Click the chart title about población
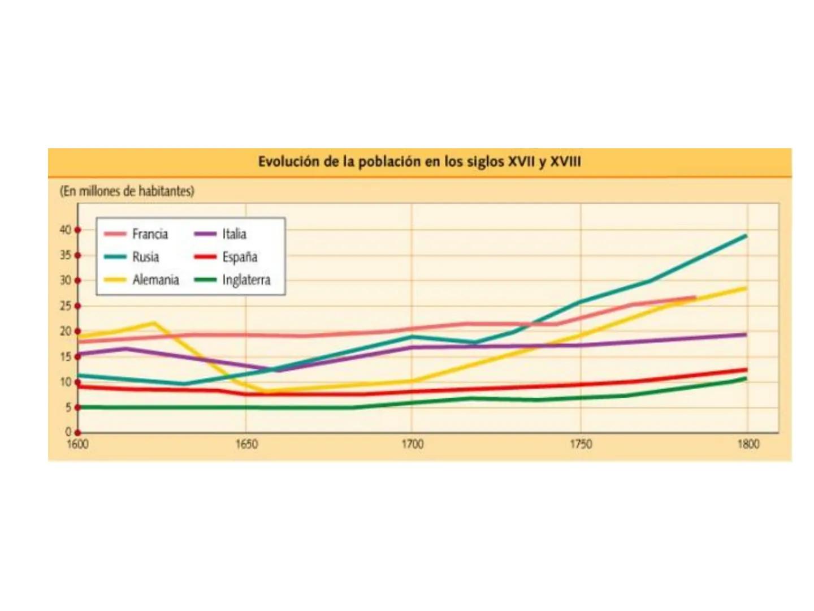pyautogui.click(x=419, y=162)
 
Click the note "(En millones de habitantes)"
pyautogui.click(x=127, y=191)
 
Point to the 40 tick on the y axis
pyautogui.click(x=66, y=230)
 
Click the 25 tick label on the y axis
pyautogui.click(x=66, y=306)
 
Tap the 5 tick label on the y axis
pyautogui.click(x=68, y=407)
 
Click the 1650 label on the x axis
pyautogui.click(x=246, y=444)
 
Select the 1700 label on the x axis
pyautogui.click(x=412, y=444)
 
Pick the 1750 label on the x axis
pyautogui.click(x=581, y=444)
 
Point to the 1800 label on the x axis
pyautogui.click(x=748, y=444)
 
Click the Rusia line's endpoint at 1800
pyautogui.click(x=746, y=236)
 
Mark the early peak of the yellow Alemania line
pyautogui.click(x=154, y=323)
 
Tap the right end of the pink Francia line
pyautogui.click(x=695, y=297)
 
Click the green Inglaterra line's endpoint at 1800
pyautogui.click(x=746, y=378)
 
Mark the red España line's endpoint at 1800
pyautogui.click(x=746, y=370)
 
